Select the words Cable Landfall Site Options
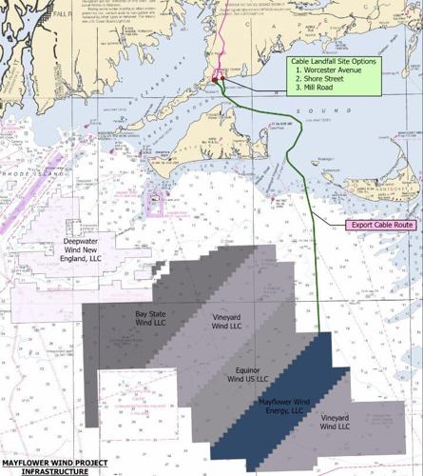coord(334,60)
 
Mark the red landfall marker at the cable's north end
coord(220,75)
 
